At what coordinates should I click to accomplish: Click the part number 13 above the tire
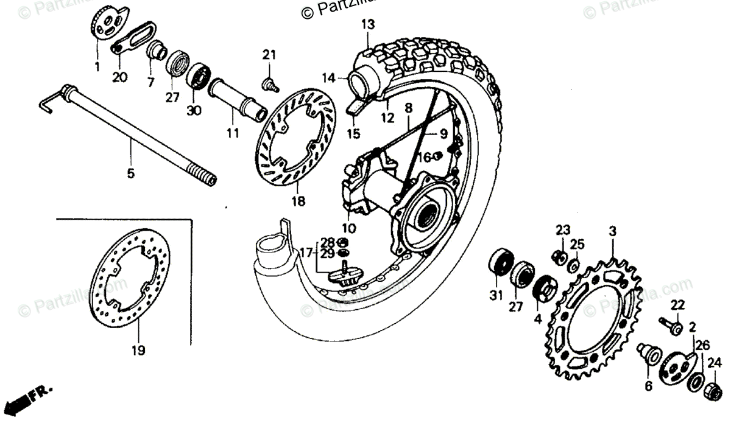[368, 25]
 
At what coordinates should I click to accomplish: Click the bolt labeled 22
[670, 325]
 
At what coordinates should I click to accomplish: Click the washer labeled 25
[573, 265]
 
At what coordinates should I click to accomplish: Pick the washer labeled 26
[694, 382]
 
